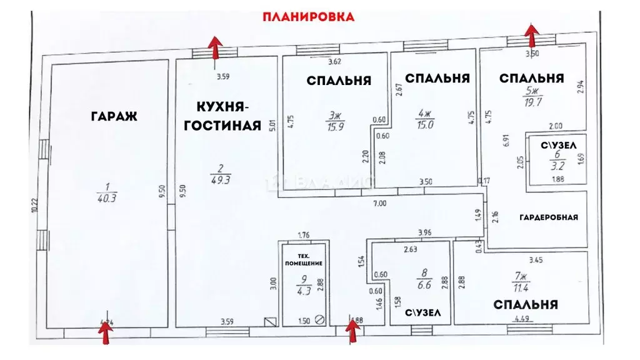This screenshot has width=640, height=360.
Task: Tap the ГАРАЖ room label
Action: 113,116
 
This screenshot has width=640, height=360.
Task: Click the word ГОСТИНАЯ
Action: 221,126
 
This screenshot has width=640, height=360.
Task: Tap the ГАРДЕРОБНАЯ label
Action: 548,217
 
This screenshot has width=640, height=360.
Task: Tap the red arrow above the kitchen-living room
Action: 215,47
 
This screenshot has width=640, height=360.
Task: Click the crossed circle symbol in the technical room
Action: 320,319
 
